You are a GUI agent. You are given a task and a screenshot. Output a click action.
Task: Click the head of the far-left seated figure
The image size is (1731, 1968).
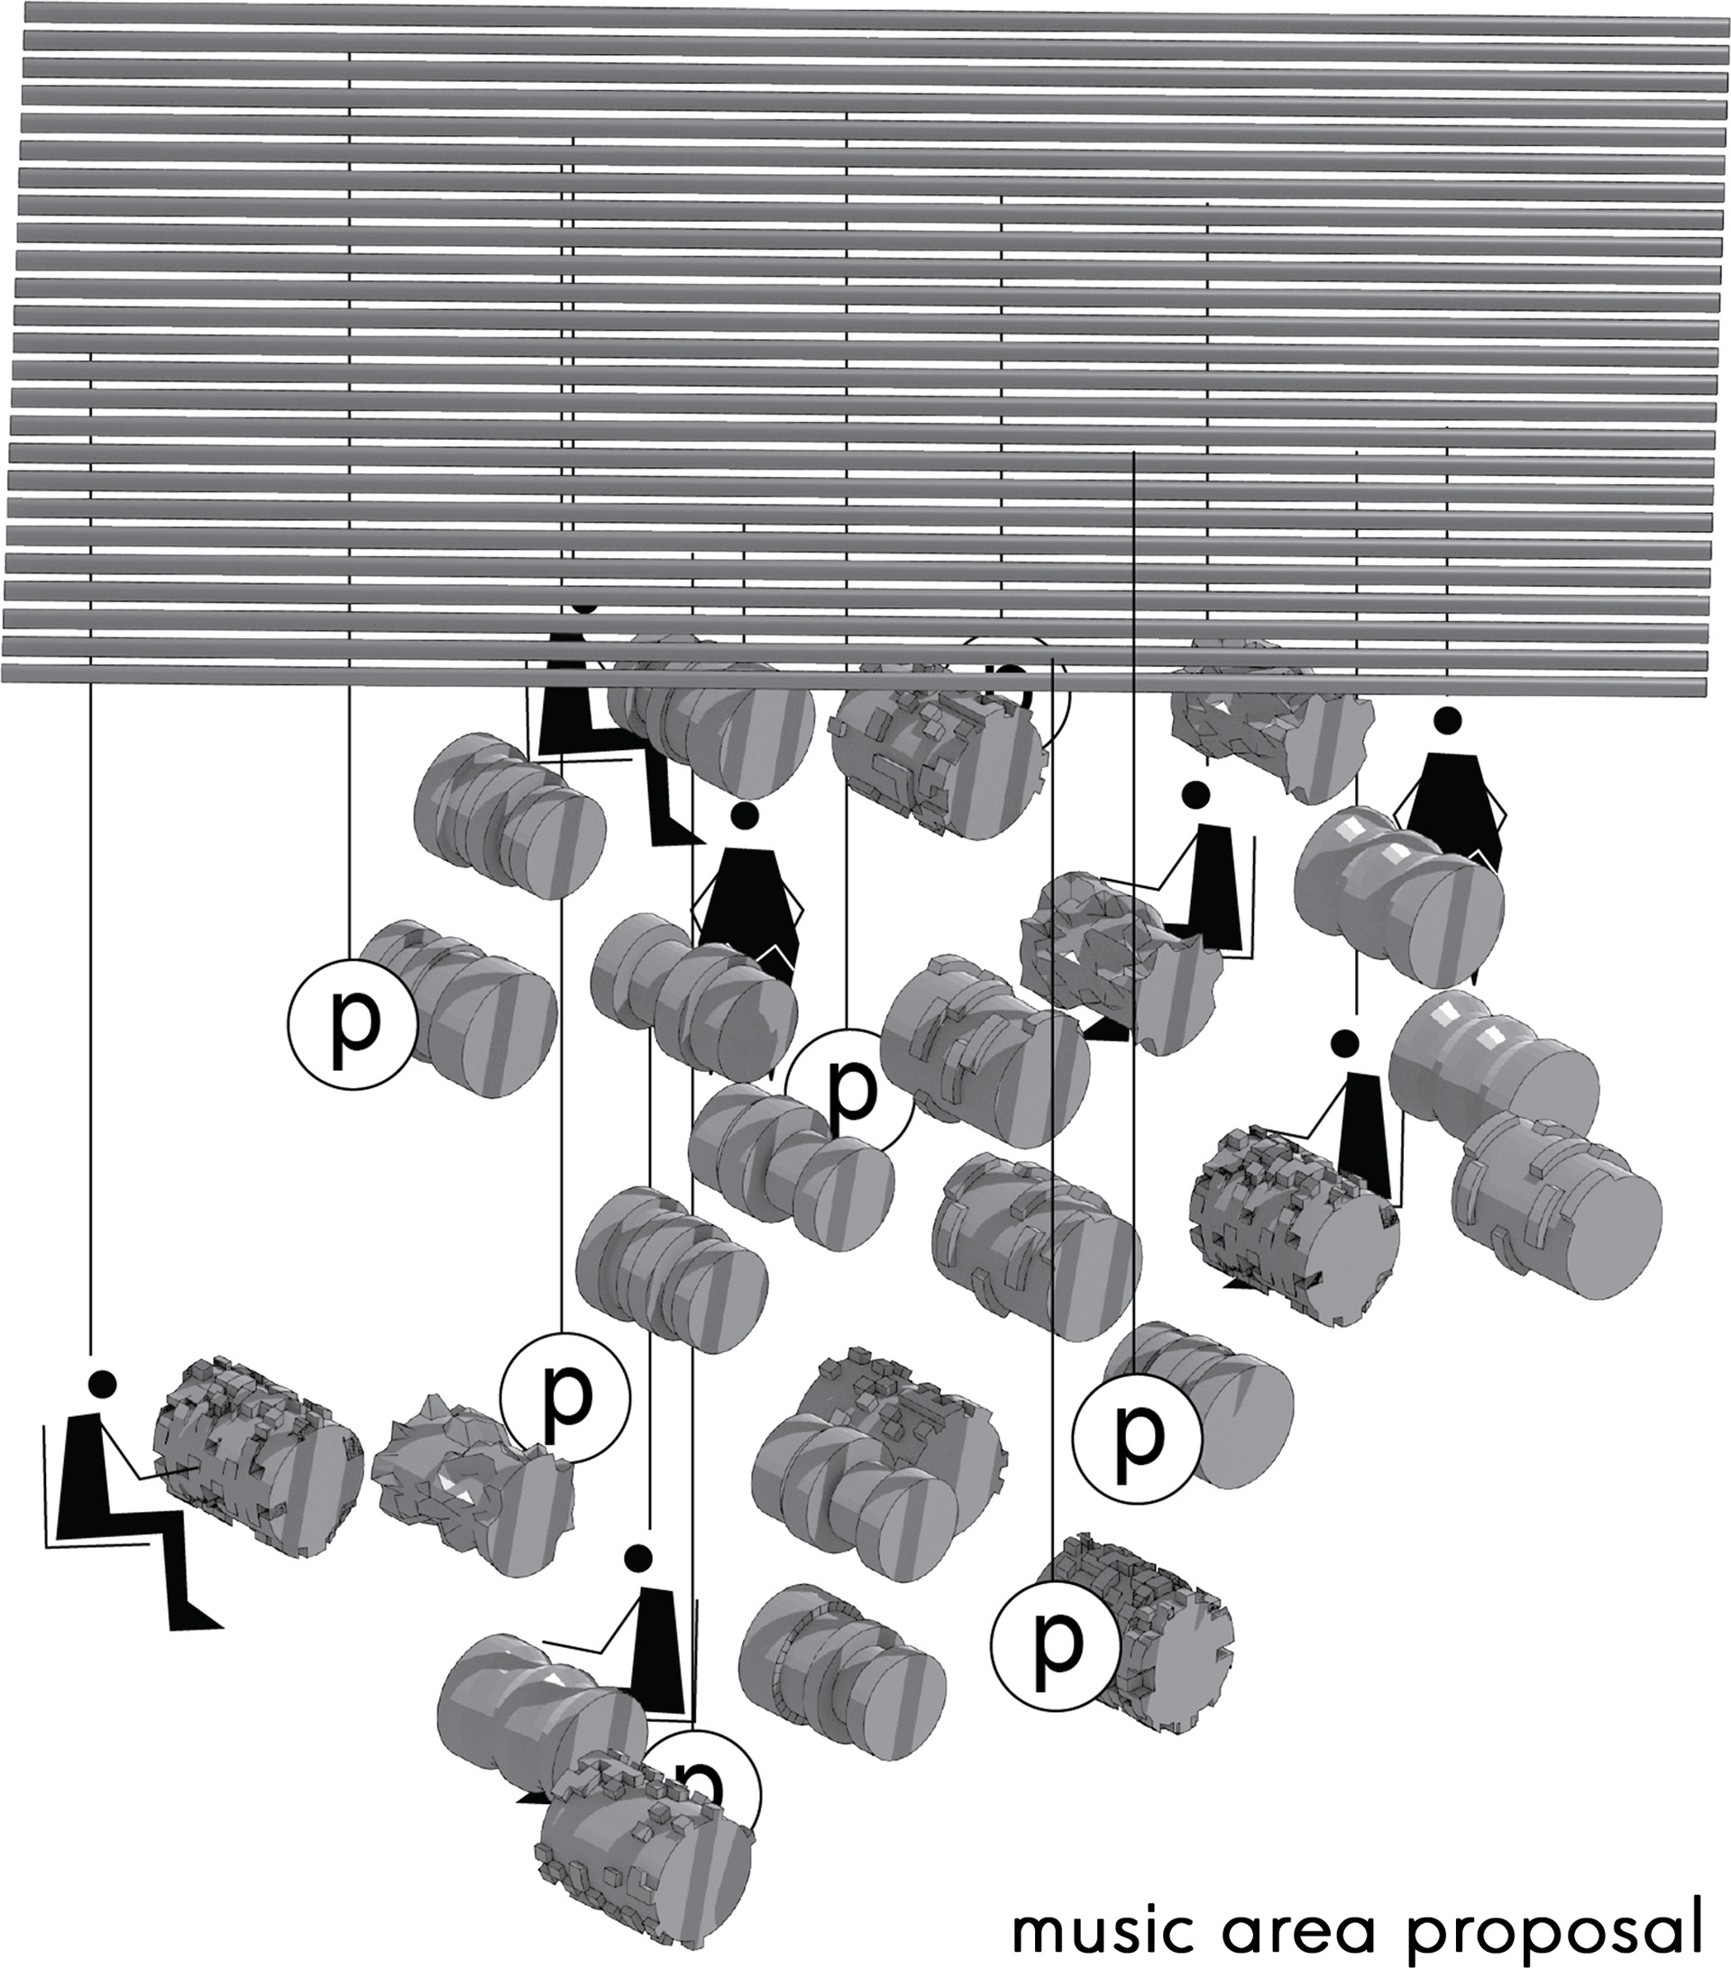tap(101, 1384)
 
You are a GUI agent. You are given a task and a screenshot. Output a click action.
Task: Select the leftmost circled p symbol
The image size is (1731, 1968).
tap(353, 1023)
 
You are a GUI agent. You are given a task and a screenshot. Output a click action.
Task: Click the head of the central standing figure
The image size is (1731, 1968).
tap(742, 817)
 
